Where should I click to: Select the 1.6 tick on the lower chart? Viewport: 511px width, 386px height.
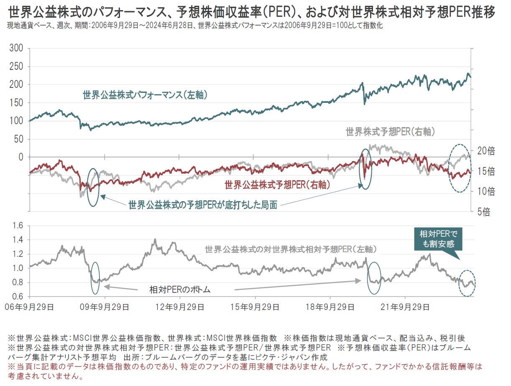click(18, 226)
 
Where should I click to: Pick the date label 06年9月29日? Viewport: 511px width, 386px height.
click(29, 307)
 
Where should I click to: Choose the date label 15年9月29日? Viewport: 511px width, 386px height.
click(255, 307)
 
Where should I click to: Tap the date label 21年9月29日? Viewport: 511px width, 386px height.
click(405, 307)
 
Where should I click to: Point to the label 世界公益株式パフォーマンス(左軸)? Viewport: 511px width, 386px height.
click(145, 95)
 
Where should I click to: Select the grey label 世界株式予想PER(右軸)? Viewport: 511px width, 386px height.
click(391, 132)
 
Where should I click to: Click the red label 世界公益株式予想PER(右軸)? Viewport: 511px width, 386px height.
click(277, 184)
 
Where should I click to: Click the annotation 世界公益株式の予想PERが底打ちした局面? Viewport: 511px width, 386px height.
click(203, 205)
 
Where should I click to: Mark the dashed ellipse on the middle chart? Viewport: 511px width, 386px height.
click(459, 168)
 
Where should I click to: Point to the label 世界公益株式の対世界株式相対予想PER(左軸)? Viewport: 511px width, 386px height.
click(291, 250)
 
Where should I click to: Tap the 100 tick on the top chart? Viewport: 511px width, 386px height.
click(16, 120)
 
